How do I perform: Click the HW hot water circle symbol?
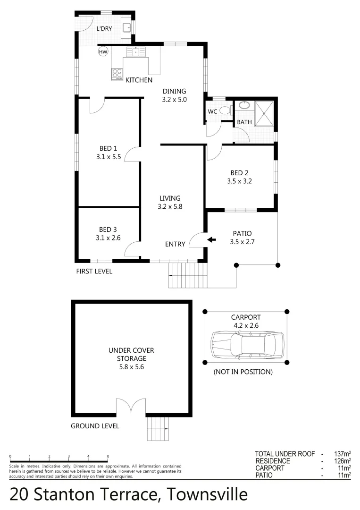coord(103,52)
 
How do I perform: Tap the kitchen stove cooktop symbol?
coord(117,74)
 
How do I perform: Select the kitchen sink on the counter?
coord(135,52)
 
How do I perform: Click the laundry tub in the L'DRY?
coord(126,28)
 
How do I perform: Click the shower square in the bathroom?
coord(264,114)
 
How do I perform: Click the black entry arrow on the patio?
coord(212,240)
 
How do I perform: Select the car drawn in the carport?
coord(247,344)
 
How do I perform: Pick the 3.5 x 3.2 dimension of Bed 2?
coord(241,181)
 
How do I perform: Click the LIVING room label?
coord(170,198)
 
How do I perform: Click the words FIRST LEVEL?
coord(94,272)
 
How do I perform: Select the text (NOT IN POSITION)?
coord(243,372)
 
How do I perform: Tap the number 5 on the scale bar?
coord(108,457)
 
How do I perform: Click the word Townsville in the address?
coord(208,494)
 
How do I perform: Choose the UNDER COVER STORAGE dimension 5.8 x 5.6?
coord(131,366)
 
